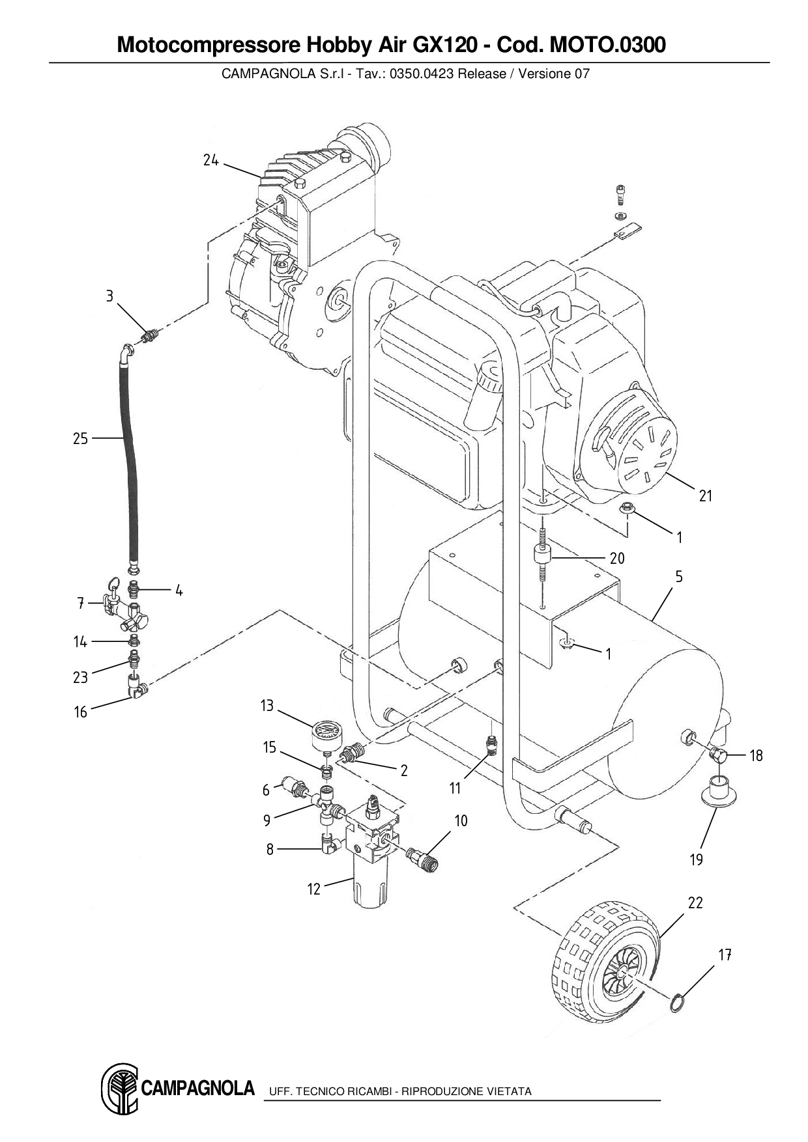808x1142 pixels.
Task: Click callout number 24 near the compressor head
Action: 210,160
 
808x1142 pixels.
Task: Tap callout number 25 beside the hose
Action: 80,439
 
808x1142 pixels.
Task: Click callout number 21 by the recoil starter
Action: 706,495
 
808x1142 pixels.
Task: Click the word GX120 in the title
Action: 444,46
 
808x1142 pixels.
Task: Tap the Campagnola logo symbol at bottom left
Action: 120,1089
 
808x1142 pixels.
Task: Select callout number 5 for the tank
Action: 679,576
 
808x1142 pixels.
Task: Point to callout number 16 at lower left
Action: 80,712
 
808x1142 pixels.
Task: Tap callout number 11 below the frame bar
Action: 455,788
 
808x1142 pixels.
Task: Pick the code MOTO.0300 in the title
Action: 608,46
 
